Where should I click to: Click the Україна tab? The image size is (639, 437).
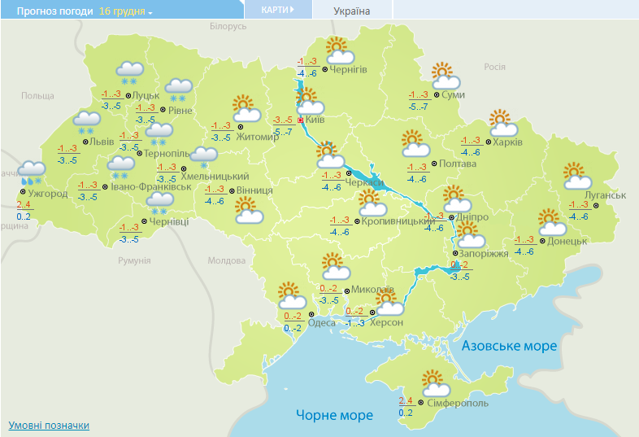tap(352, 11)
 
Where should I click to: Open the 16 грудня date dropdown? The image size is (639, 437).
tap(125, 11)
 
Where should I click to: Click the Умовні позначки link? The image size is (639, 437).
tap(49, 426)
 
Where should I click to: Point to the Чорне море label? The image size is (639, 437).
tap(334, 415)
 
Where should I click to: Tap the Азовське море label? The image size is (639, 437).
tap(509, 346)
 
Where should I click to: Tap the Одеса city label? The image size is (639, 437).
tap(322, 322)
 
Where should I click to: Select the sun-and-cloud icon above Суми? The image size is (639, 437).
tap(445, 76)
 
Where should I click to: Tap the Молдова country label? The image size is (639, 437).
tap(226, 261)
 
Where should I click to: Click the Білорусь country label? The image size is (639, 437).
tap(227, 27)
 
